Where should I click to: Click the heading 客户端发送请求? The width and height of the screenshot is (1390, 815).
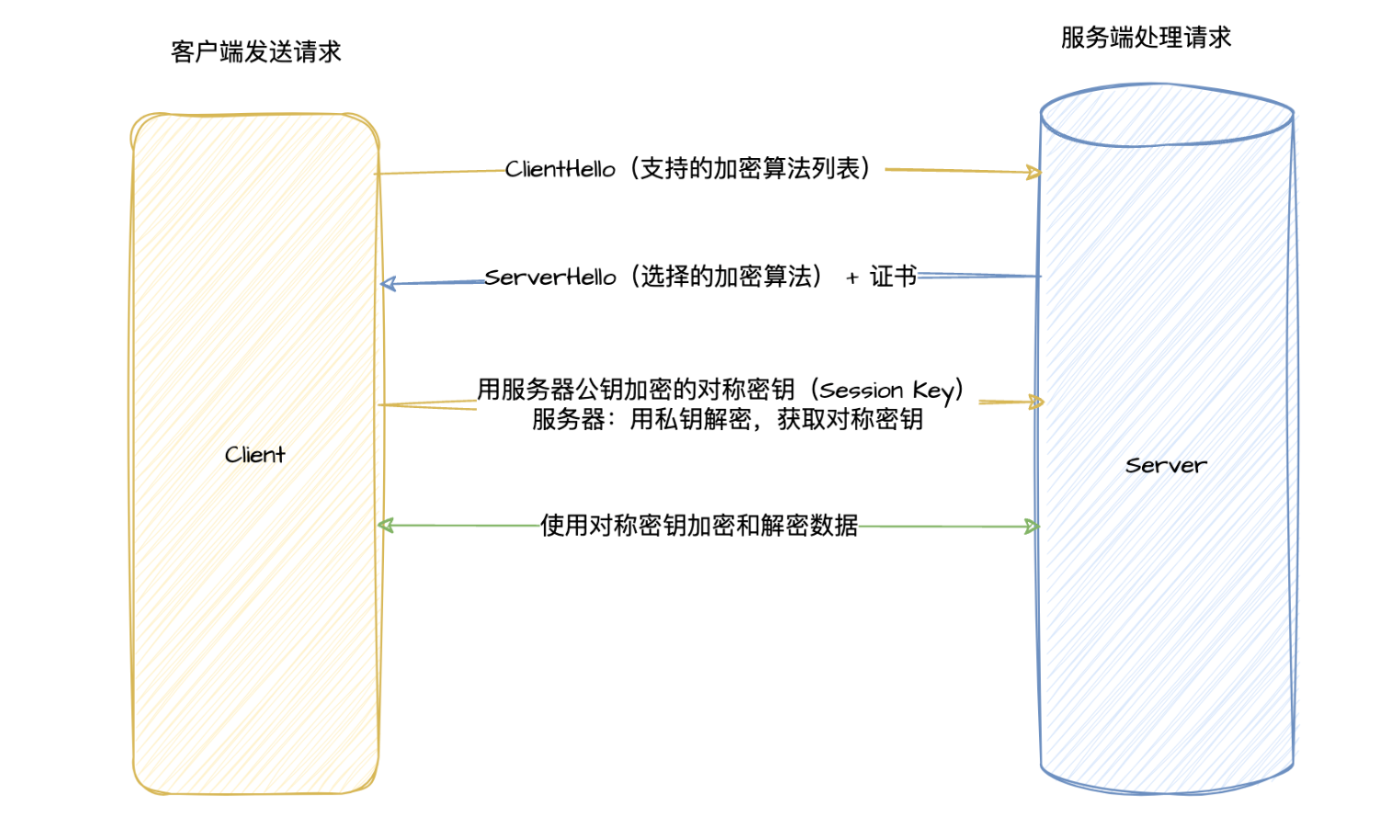(255, 51)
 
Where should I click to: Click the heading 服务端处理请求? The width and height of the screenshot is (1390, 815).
(1146, 38)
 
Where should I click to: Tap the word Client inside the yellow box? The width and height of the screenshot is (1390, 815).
(254, 455)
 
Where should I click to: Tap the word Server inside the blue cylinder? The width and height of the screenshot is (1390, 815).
(1166, 466)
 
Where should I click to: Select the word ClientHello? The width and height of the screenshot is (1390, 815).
(559, 169)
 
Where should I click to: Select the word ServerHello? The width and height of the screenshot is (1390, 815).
(549, 277)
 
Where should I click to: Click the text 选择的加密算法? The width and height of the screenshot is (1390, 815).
(726, 276)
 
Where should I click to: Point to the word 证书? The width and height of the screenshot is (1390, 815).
(892, 276)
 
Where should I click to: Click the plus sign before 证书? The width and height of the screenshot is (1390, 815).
(852, 277)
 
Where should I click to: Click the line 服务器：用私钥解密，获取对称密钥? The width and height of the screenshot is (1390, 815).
(727, 420)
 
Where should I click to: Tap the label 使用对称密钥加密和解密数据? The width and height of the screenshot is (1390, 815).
(698, 526)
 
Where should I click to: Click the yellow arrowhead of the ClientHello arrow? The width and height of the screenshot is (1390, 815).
(1034, 172)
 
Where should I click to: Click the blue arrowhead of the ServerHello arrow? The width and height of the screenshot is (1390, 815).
(388, 284)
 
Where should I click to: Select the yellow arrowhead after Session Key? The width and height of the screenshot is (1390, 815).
(1037, 402)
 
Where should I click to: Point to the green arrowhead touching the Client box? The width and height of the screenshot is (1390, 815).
(386, 526)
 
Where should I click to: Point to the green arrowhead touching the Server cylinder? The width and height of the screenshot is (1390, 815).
(1033, 526)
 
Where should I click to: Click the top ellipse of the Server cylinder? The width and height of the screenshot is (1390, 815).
(1167, 115)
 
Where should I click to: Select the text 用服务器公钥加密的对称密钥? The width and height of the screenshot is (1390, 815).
(636, 390)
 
